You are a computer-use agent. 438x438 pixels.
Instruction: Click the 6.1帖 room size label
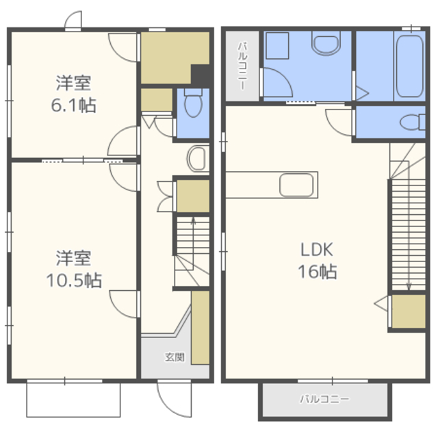click(73, 105)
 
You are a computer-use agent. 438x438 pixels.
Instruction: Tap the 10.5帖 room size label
click(74, 280)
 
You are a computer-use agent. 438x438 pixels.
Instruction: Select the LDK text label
click(316, 250)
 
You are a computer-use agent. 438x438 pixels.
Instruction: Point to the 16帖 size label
click(318, 272)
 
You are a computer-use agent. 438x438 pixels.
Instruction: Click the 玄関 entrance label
click(175, 357)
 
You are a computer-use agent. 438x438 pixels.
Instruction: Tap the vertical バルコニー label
click(242, 66)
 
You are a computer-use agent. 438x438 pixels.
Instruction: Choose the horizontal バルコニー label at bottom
click(324, 399)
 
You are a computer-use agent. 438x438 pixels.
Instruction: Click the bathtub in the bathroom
click(409, 66)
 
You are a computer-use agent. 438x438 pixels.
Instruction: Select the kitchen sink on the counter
click(296, 185)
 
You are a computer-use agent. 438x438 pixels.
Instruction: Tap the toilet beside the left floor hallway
click(193, 103)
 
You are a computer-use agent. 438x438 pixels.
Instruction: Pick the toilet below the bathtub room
click(413, 122)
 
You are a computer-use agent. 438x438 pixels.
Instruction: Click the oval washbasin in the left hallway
click(198, 158)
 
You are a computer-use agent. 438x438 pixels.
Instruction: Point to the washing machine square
click(277, 46)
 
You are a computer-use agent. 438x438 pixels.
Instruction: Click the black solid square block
click(201, 75)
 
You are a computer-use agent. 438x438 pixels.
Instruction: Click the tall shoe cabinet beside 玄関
click(201, 327)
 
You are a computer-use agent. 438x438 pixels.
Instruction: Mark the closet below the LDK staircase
click(409, 311)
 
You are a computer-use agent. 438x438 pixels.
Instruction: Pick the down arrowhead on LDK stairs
click(409, 287)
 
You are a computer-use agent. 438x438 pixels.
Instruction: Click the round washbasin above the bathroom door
click(326, 42)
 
